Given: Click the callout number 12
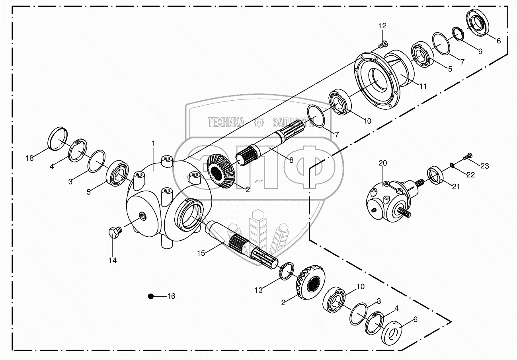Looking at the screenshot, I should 382,26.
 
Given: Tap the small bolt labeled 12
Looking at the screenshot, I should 383,43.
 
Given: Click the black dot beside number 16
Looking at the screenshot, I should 150,296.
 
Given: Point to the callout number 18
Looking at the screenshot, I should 29,158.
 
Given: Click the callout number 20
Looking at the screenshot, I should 382,163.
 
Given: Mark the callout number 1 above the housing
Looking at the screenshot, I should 154,143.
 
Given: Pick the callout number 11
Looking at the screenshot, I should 423,86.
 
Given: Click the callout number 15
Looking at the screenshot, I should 201,253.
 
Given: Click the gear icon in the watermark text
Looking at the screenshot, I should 259,123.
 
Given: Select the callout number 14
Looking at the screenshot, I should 113,260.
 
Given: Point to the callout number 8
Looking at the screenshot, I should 291,160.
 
